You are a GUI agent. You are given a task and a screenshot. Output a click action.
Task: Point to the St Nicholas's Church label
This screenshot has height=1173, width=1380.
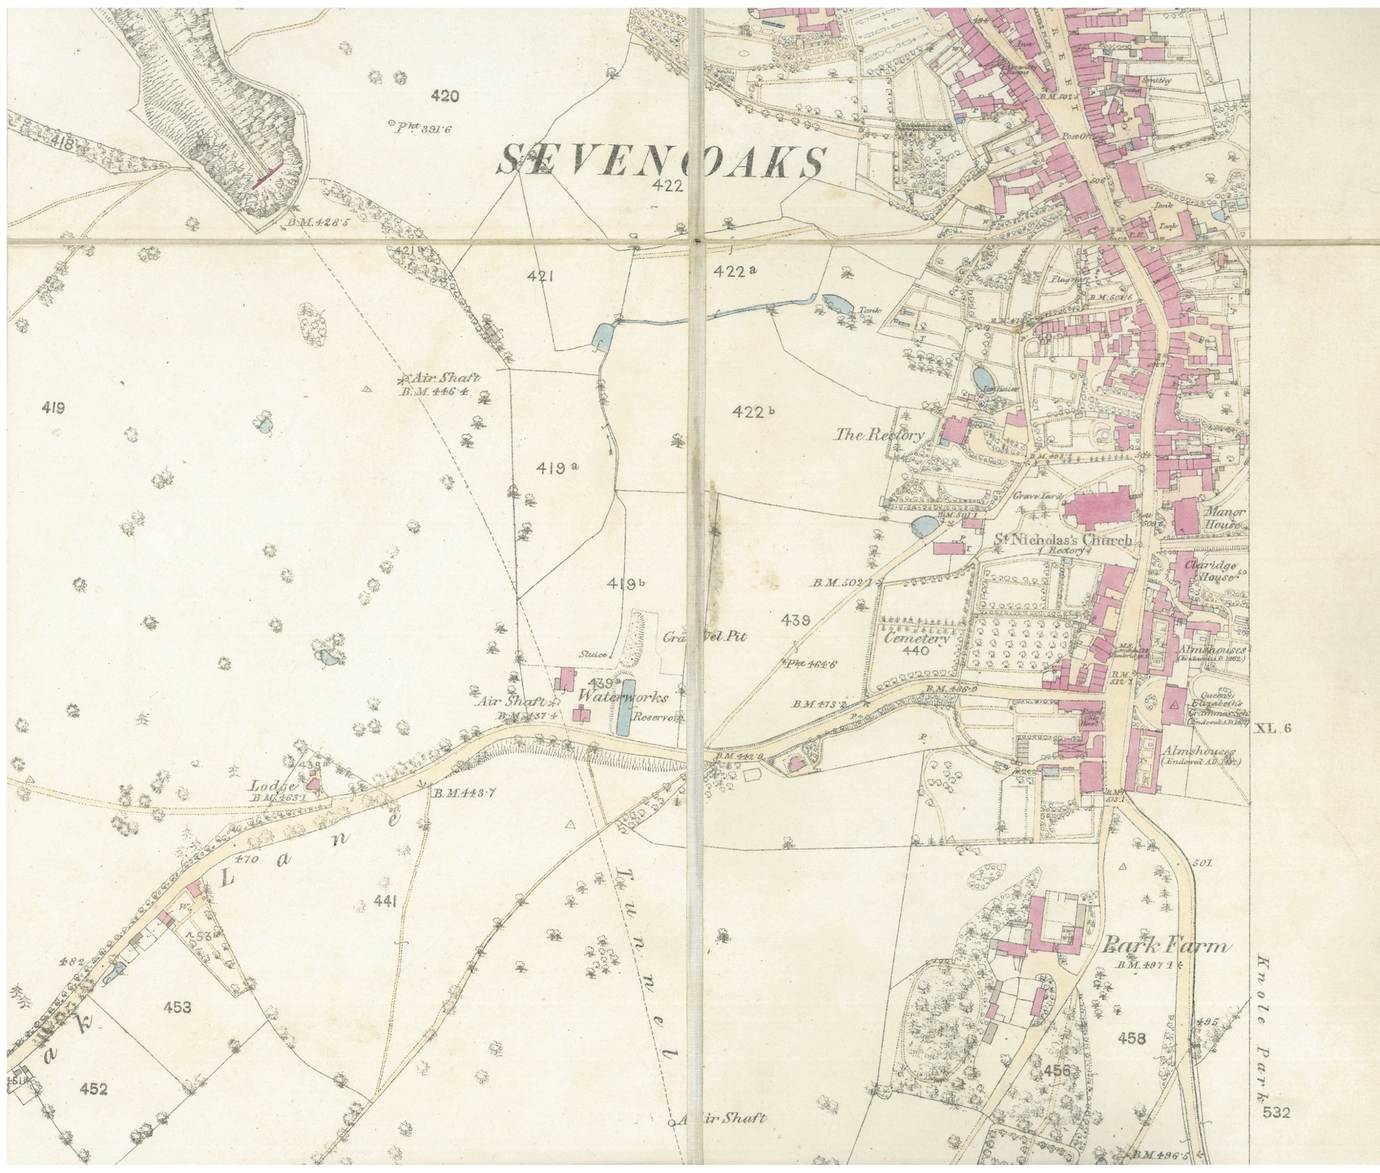tap(1063, 540)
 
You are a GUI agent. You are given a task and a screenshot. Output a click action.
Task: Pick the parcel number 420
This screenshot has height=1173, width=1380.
tap(443, 97)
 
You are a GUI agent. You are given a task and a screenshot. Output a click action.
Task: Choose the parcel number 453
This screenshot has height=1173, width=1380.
tap(177, 1007)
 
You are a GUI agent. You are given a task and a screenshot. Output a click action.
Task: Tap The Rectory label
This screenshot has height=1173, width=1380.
tap(879, 435)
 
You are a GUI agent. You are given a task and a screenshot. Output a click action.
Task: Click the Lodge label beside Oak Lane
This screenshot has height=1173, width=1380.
tap(273, 786)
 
